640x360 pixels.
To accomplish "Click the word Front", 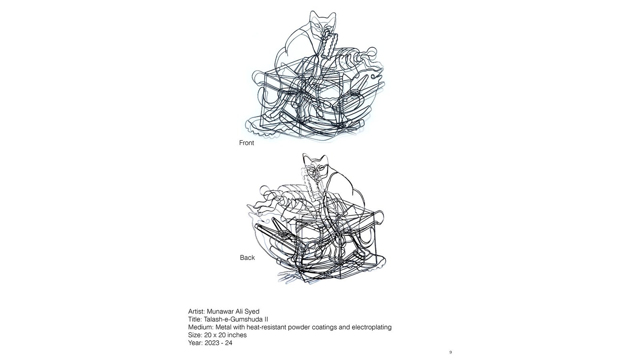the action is click(246, 143).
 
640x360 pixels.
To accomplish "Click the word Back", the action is click(247, 258).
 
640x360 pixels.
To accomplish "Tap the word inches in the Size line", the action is click(237, 335).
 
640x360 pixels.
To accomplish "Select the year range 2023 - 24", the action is click(218, 343).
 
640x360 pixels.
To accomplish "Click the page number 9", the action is click(450, 352).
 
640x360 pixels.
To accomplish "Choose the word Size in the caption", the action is click(195, 335).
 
